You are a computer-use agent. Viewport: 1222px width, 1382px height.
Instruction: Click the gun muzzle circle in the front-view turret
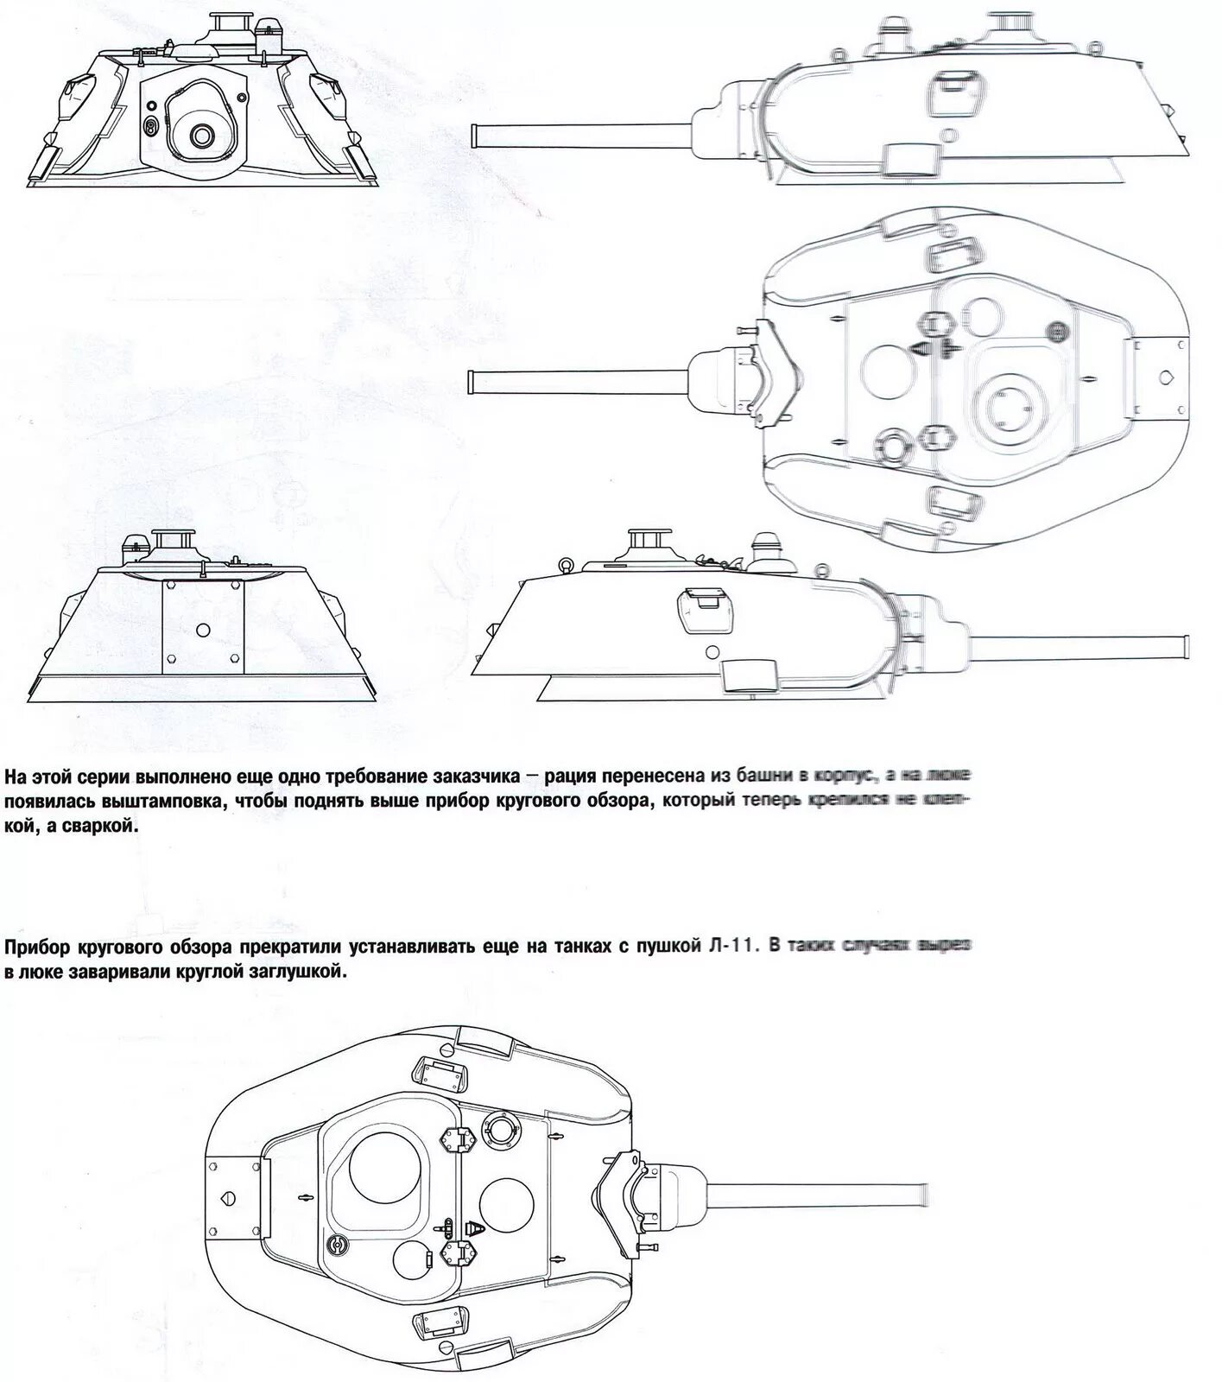click(x=202, y=135)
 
